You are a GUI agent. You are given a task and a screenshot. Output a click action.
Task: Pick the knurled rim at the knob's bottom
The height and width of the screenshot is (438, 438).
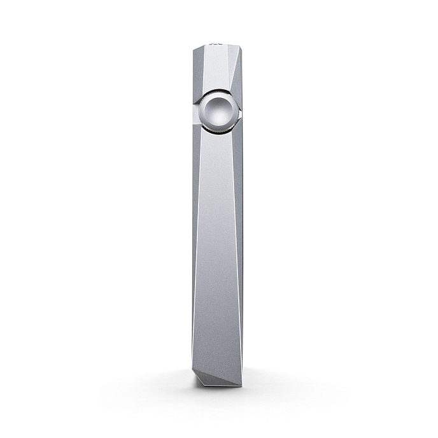(x=218, y=130)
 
